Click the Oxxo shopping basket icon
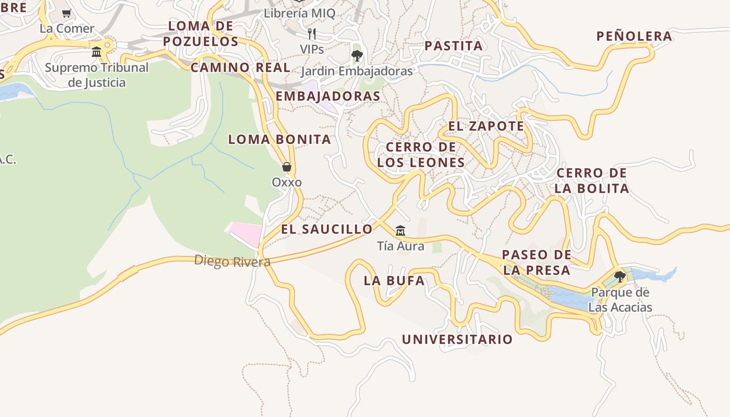point(286,167)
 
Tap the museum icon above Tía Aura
point(400,230)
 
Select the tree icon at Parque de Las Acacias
point(619,277)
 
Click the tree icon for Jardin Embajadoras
point(357,56)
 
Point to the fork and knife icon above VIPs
point(312,34)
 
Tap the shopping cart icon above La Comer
point(66,14)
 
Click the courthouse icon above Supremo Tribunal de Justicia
point(96,52)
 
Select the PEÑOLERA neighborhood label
point(634,36)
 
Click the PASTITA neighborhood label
point(454,46)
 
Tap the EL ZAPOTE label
point(486,126)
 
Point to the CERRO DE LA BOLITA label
point(592,180)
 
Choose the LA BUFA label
point(394,280)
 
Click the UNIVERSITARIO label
point(457,339)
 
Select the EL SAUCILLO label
point(327,229)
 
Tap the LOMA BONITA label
point(279,139)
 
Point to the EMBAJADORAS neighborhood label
point(328,96)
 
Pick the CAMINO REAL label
point(240,67)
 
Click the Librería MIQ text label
point(299,14)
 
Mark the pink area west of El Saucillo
point(246,233)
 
